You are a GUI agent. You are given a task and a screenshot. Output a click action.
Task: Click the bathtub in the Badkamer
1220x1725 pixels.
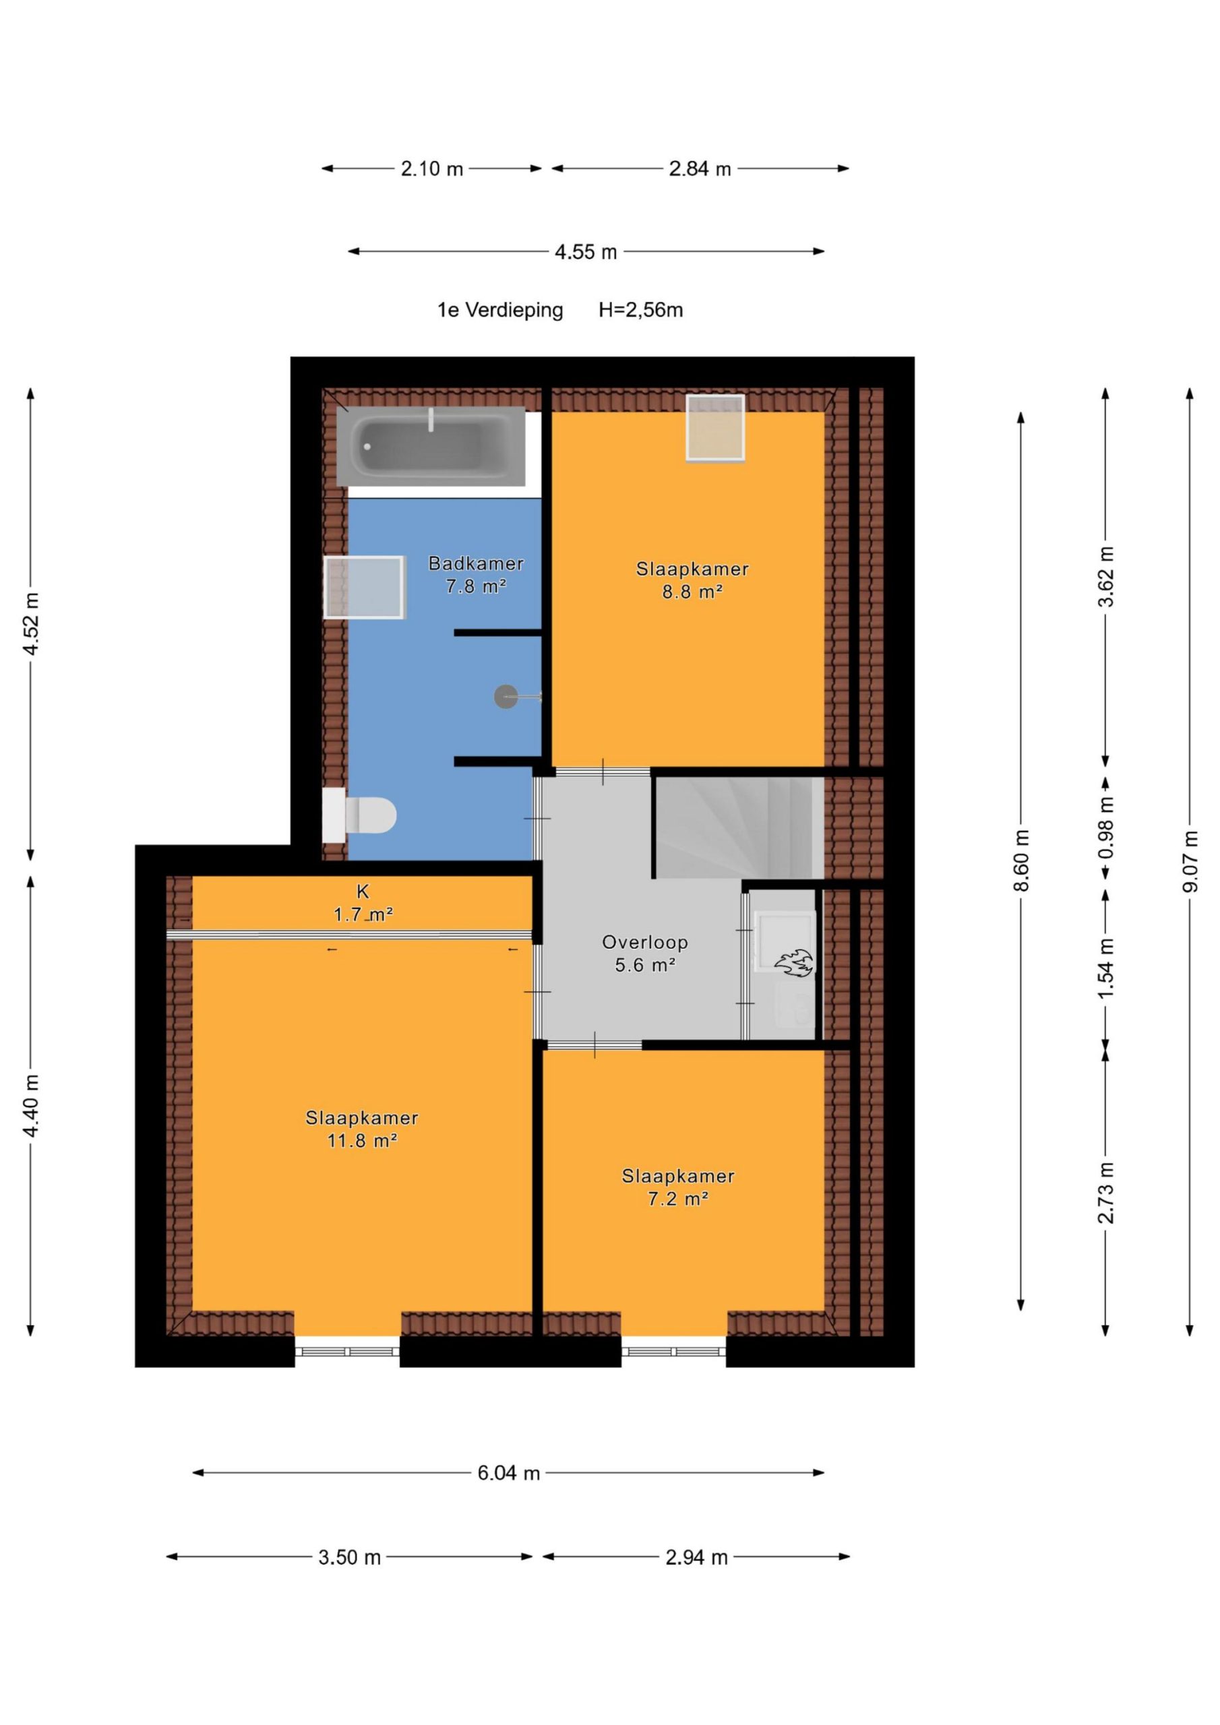431,445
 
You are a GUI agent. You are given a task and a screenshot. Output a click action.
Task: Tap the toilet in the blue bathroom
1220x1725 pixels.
359,815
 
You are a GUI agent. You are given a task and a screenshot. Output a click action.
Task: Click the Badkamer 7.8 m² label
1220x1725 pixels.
476,574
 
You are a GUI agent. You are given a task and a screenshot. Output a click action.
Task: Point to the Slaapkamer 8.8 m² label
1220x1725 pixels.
692,580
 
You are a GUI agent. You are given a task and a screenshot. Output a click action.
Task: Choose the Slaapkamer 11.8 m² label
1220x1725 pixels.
361,1129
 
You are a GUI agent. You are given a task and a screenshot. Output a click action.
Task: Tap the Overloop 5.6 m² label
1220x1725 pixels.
645,953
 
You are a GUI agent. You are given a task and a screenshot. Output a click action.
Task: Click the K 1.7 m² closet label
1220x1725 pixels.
363,902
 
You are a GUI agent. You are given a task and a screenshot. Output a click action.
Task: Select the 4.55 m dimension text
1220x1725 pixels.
586,252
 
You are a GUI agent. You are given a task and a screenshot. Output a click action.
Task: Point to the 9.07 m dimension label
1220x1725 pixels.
1189,862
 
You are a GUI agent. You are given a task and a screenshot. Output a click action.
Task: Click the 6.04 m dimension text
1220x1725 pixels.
509,1472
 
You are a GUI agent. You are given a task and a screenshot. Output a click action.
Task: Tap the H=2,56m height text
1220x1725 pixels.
640,309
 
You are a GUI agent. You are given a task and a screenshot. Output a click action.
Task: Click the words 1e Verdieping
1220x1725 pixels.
500,309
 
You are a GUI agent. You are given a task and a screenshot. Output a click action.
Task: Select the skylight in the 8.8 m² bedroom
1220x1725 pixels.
715,427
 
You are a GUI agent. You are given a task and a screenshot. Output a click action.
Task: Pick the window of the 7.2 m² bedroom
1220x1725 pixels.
673,1352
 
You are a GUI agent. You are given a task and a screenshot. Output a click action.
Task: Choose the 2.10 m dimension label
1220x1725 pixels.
431,169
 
